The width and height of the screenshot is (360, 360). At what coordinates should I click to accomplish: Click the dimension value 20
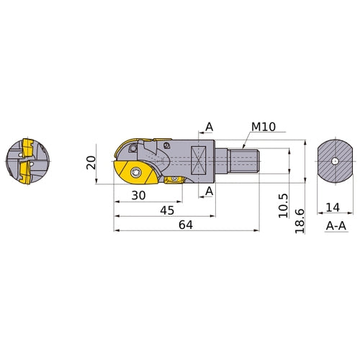[91, 163]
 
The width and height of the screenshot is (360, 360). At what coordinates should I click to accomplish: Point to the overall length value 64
[186, 225]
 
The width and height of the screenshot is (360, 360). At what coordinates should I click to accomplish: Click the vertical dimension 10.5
[284, 204]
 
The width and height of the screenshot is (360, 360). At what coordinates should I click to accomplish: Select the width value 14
[333, 208]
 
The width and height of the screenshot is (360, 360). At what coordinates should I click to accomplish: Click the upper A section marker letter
[209, 127]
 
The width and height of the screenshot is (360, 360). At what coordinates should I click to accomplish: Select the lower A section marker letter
[209, 191]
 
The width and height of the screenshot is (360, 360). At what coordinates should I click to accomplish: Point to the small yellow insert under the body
[174, 181]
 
